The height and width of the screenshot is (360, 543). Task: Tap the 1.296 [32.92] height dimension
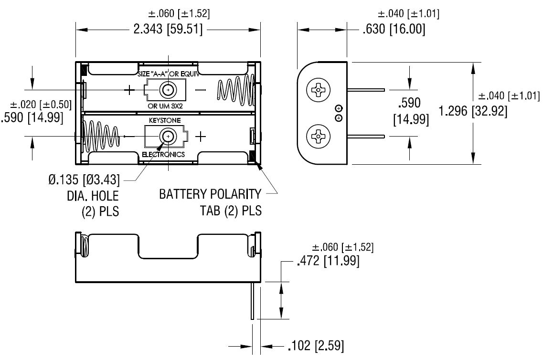click(473, 111)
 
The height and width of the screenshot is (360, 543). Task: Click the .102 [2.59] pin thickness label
click(315, 346)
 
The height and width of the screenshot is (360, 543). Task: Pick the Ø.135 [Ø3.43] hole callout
click(84, 180)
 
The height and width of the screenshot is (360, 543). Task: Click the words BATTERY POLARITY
click(210, 194)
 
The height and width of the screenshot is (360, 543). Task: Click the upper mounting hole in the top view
click(168, 90)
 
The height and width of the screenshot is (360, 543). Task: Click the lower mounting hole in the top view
click(168, 137)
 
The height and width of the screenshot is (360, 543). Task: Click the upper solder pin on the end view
click(366, 89)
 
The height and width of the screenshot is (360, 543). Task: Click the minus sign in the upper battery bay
click(201, 90)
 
